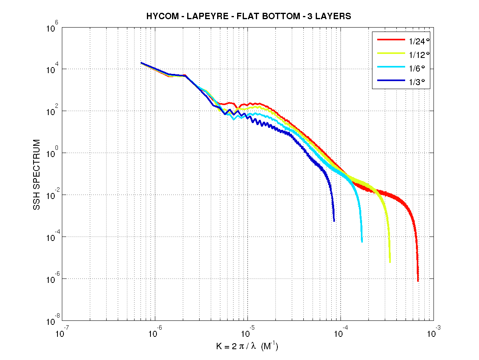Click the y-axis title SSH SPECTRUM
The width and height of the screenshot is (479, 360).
tap(37, 175)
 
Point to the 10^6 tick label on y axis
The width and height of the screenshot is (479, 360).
tap(53, 28)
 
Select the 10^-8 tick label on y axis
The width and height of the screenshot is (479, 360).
tap(53, 322)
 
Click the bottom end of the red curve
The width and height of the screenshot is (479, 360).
tap(418, 281)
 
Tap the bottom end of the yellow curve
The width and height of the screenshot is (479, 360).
tap(390, 262)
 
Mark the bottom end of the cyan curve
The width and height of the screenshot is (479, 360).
tap(362, 241)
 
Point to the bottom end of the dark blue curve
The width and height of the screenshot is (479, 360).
tap(334, 221)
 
